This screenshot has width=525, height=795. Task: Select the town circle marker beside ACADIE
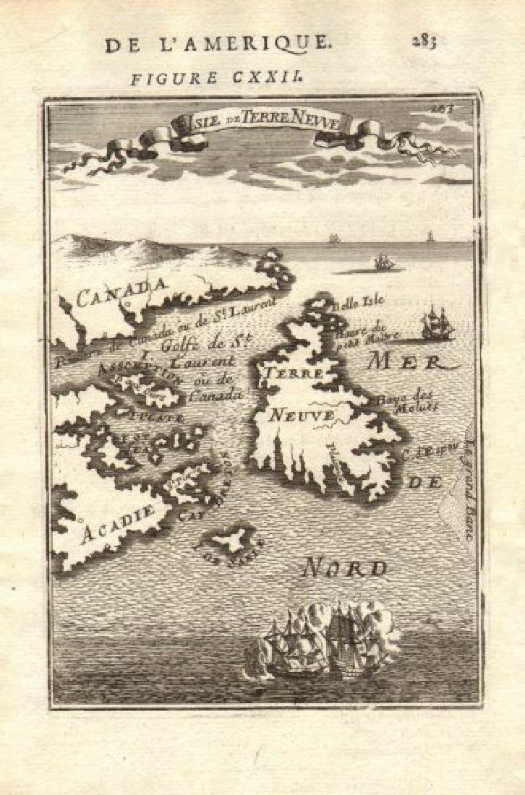81,519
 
